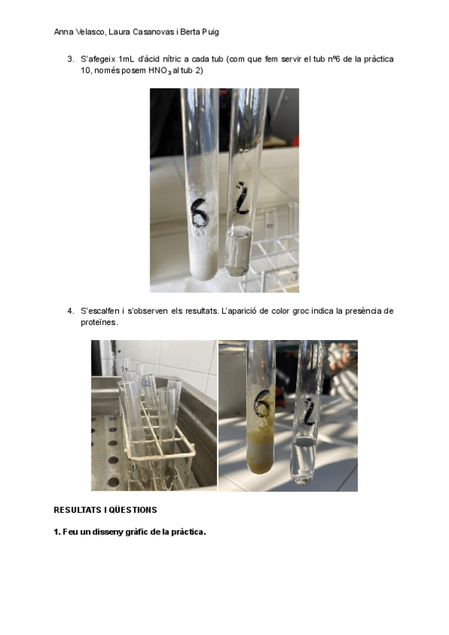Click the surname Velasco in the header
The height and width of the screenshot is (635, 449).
pos(91,32)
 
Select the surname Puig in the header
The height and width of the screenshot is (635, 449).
pos(210,32)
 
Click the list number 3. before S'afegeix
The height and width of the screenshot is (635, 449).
pos(71,59)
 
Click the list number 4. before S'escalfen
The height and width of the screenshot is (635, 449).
pos(71,311)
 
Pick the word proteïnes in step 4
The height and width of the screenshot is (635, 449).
pos(100,323)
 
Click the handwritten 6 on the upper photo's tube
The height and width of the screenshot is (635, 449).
pos(200,213)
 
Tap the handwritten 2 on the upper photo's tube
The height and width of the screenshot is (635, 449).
pos(241,199)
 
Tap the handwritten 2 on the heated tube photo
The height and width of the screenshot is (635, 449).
pos(309,413)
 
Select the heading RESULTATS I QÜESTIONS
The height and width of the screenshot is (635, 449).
pos(106,510)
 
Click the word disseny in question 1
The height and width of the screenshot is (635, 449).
pos(106,532)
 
